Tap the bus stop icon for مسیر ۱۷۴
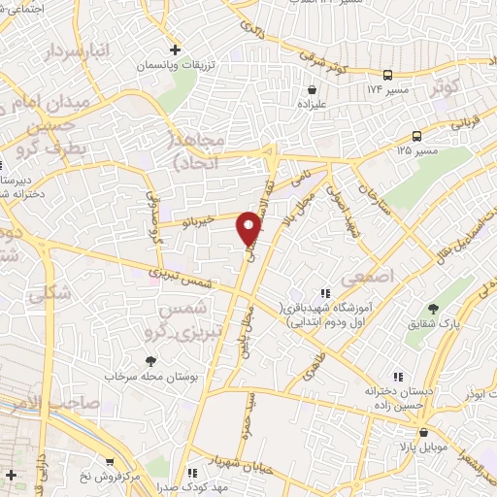click(388, 75)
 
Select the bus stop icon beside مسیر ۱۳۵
click(416, 137)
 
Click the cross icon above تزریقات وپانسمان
click(175, 50)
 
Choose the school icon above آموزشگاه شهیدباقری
click(324, 292)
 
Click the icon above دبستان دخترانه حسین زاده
click(397, 377)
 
